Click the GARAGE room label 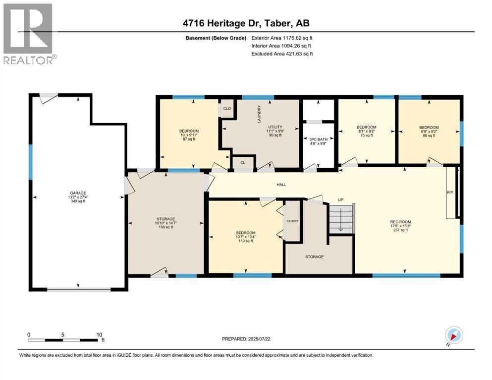tap(77, 193)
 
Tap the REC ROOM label tap(405, 222)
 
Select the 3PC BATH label tap(319, 140)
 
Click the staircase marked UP tap(341, 218)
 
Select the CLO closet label tap(227, 108)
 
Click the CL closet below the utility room tap(243, 162)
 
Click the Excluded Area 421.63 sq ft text tap(282, 54)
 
